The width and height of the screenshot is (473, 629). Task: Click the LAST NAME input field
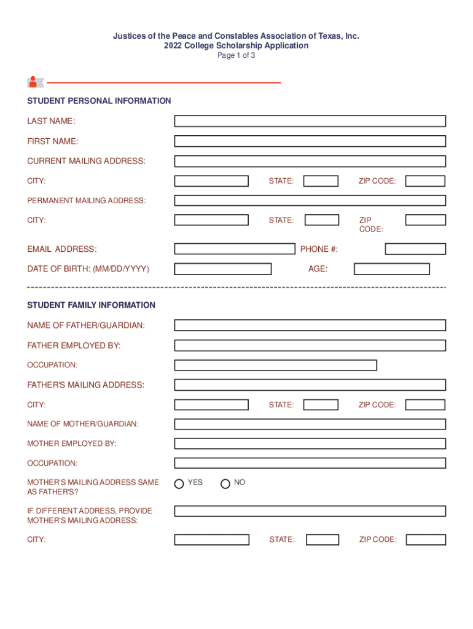click(310, 121)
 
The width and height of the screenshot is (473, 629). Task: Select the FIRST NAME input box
click(310, 141)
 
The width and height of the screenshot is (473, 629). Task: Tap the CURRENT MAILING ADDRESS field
click(310, 162)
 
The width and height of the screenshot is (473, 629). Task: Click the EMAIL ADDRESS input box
click(234, 249)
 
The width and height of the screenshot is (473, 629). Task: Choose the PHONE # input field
click(415, 249)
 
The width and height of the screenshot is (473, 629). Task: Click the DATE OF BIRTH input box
click(222, 269)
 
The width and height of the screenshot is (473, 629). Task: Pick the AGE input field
click(391, 269)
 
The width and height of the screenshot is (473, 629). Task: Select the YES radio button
click(179, 483)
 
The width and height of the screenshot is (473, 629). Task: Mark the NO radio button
click(225, 483)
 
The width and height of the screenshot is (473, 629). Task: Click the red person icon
click(33, 82)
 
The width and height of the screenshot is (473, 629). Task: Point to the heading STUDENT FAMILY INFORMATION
click(91, 305)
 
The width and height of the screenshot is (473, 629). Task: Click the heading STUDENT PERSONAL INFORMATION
click(99, 101)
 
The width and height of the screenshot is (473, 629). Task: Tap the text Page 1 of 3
click(237, 55)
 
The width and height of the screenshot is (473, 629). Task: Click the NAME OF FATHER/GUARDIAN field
click(310, 326)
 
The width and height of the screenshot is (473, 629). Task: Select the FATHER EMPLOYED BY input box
click(310, 345)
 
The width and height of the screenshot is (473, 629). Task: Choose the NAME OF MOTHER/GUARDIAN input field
click(310, 424)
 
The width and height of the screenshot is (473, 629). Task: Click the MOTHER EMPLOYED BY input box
click(310, 443)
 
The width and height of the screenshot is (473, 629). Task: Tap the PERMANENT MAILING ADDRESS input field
click(310, 200)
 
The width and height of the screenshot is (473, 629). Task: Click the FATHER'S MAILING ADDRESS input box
click(310, 385)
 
